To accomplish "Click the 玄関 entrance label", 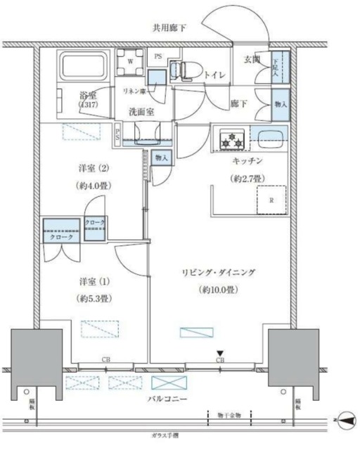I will [253, 60].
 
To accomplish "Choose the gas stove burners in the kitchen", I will [231, 140].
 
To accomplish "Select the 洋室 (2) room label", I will [94, 169].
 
